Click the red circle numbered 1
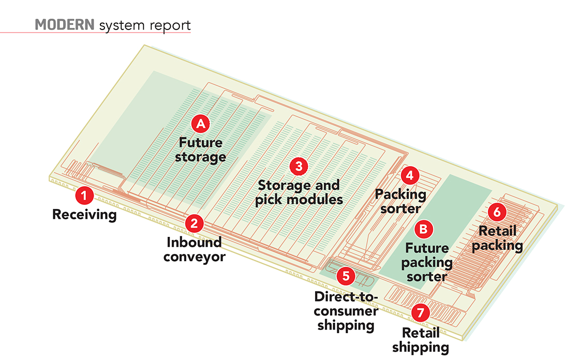tap(84, 196)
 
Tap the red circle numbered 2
tap(194, 223)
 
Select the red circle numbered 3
tap(299, 167)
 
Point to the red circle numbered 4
tap(410, 175)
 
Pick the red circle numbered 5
tap(346, 276)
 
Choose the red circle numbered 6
tap(497, 212)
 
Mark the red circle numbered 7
tap(420, 313)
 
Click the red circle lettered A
tap(200, 124)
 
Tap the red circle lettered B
tap(424, 229)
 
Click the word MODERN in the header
tap(64, 25)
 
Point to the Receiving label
tap(84, 214)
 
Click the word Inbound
tap(194, 242)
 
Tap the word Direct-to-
tap(346, 296)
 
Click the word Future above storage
tap(200, 142)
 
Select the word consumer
tap(346, 311)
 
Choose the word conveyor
tap(194, 257)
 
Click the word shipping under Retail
tap(421, 348)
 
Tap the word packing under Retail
tap(497, 246)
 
